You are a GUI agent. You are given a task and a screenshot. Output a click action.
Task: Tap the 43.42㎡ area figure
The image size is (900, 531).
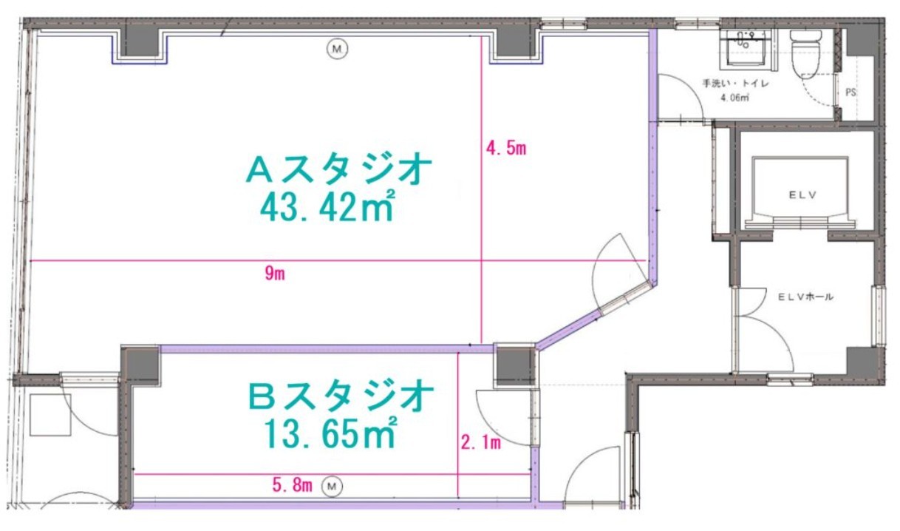point(327,206)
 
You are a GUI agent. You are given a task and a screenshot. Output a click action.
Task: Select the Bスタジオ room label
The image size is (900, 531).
point(341,396)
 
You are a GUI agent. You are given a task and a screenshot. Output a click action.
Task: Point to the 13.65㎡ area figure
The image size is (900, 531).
point(330,433)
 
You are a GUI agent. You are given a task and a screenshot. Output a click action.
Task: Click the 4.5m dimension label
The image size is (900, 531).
point(506,149)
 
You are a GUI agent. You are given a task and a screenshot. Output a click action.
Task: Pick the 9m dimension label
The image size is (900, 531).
point(275,274)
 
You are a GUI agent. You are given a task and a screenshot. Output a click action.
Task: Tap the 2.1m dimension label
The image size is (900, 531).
point(480,442)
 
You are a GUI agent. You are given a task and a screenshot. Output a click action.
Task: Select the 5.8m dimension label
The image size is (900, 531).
point(292,485)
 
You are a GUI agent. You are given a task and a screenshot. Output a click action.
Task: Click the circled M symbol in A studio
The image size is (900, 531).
point(337,49)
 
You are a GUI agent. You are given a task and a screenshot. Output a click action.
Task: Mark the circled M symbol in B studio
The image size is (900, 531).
point(332,487)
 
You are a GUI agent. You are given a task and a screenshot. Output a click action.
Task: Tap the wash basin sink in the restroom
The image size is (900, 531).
point(746,47)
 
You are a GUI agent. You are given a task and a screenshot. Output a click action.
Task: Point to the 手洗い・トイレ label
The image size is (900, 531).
point(735,84)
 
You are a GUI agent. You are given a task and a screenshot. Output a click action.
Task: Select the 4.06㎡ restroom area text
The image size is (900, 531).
point(734,98)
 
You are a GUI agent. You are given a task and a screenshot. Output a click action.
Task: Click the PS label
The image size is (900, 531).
point(850,92)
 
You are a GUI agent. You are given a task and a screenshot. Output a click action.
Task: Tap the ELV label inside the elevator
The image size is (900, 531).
point(802,195)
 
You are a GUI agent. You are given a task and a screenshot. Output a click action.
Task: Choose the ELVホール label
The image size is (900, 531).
point(805,297)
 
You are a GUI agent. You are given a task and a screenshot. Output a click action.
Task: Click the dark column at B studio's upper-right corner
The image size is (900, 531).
point(515,365)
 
